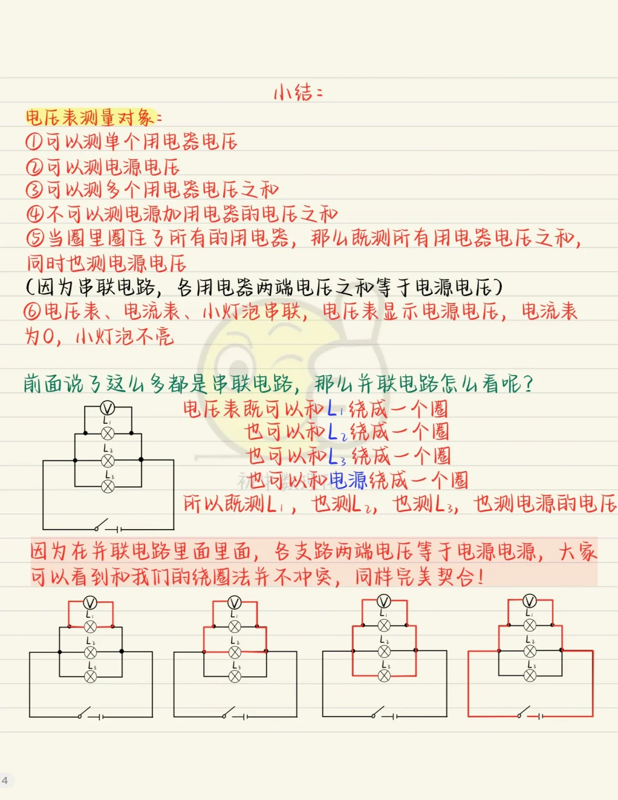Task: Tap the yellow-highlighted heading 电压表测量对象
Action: [x=90, y=117]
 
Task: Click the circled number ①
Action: [x=34, y=141]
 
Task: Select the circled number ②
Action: [x=34, y=167]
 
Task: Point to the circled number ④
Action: [x=35, y=214]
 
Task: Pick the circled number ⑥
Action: [x=32, y=312]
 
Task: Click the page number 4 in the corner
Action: [x=5, y=780]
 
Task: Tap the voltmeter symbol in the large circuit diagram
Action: [x=107, y=408]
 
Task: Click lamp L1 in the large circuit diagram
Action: [x=108, y=434]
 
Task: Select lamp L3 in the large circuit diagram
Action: [x=108, y=487]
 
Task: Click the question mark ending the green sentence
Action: [x=528, y=383]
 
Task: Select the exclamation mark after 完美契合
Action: [x=480, y=577]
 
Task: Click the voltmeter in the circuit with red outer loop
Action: [x=530, y=601]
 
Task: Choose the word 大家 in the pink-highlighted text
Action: [x=578, y=551]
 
